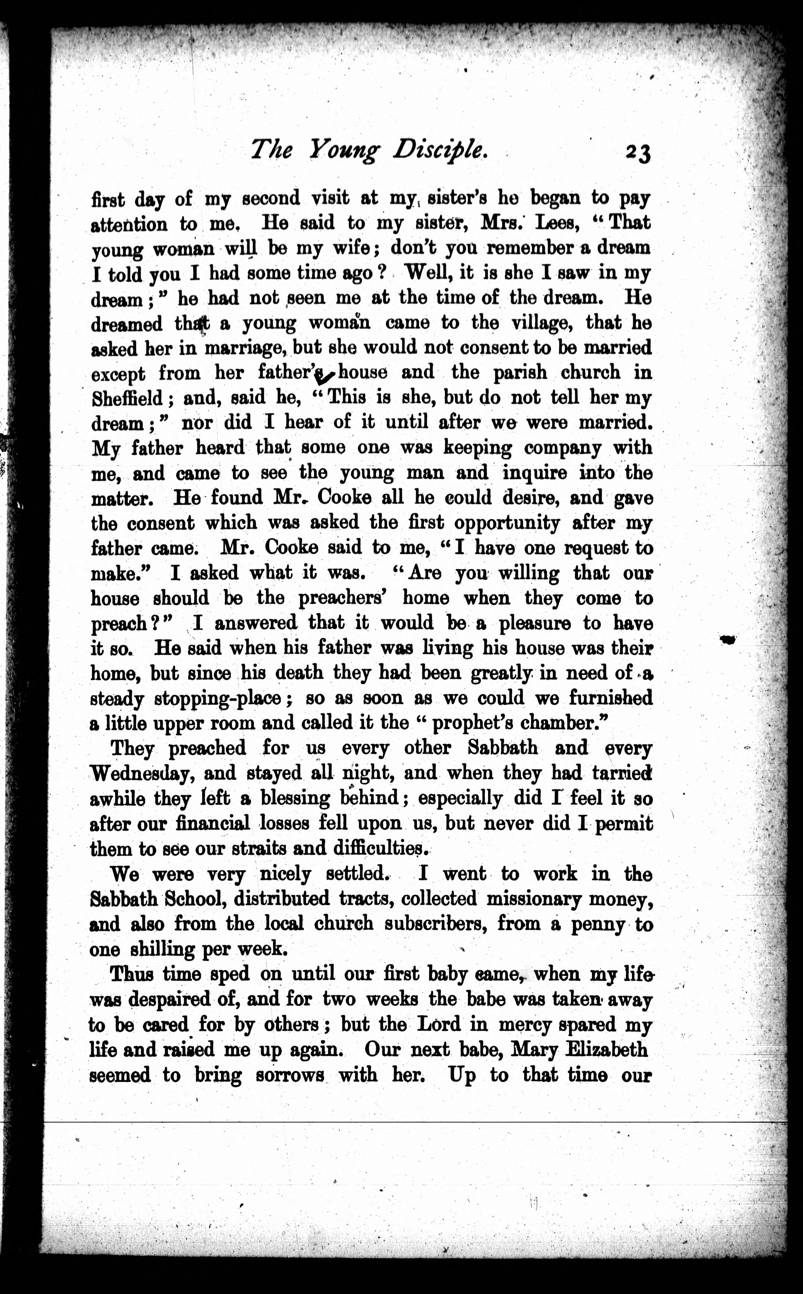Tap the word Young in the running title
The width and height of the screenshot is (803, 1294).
point(344,151)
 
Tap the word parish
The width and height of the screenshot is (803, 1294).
point(520,373)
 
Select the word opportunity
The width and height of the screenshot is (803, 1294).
point(507,523)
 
